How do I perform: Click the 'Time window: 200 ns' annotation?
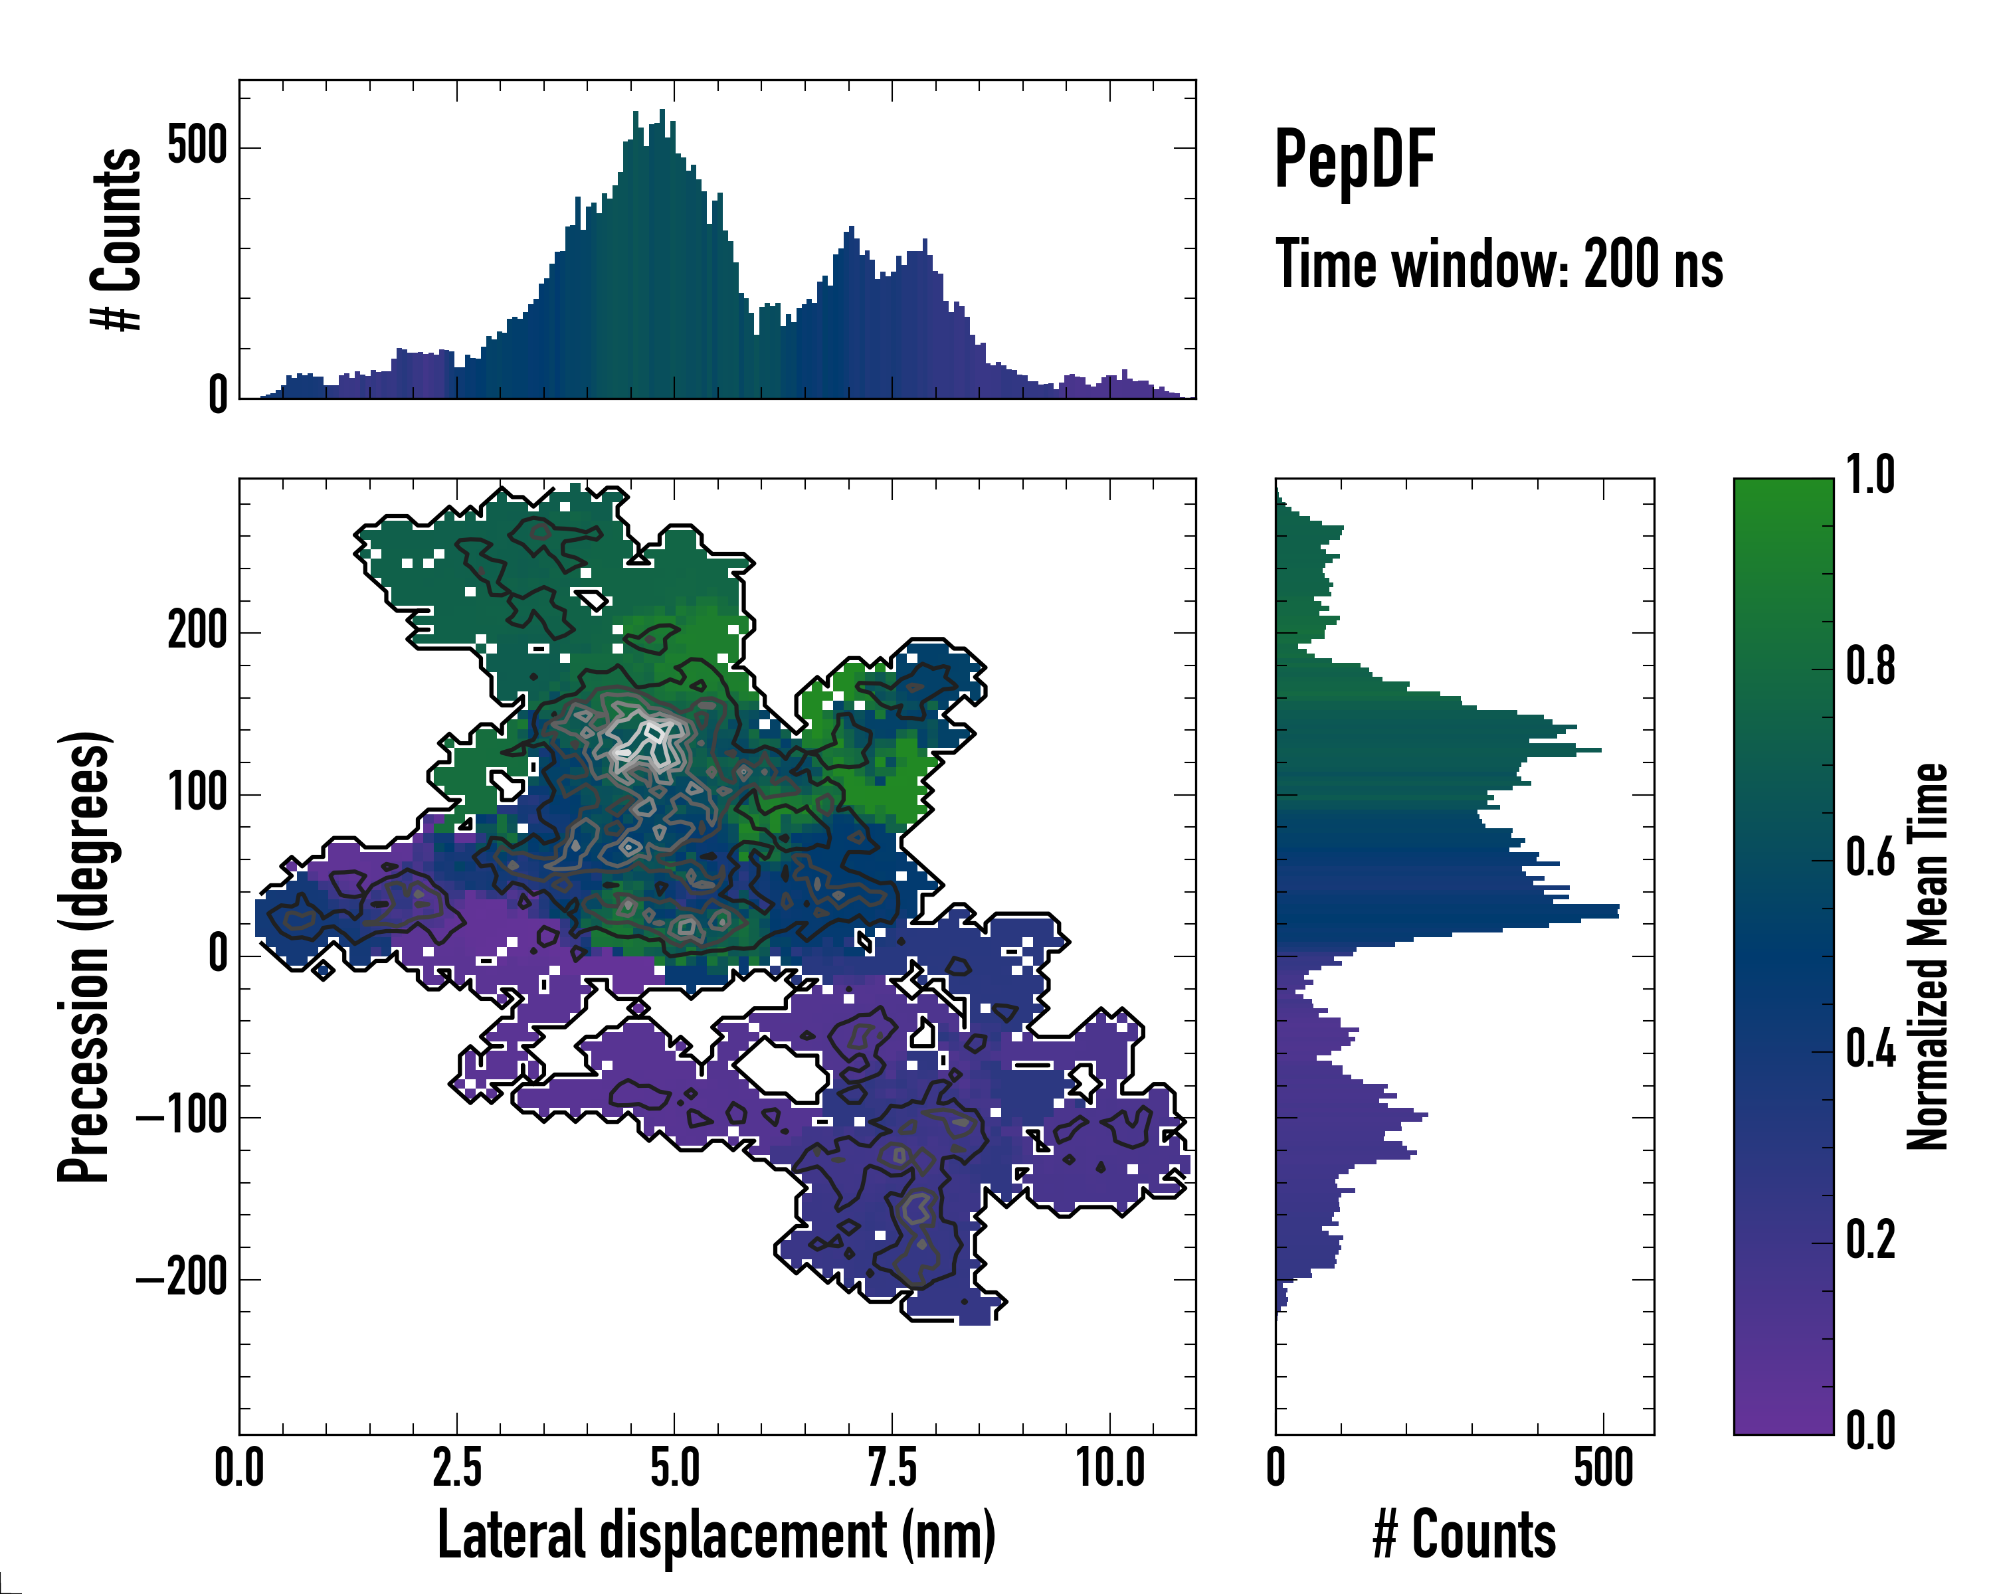1499,265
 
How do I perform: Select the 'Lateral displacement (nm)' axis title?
716,1535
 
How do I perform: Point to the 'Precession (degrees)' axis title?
85,956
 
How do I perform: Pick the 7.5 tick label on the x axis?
892,1467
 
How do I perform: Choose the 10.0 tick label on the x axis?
1110,1467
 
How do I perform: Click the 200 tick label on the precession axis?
197,632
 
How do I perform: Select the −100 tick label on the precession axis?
182,1117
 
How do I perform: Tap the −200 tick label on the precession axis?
182,1279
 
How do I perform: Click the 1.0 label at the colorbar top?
1870,476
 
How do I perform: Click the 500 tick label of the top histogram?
197,146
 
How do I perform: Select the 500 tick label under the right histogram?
1603,1467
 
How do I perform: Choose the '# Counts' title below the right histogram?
1464,1535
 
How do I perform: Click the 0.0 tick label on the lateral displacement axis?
239,1467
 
